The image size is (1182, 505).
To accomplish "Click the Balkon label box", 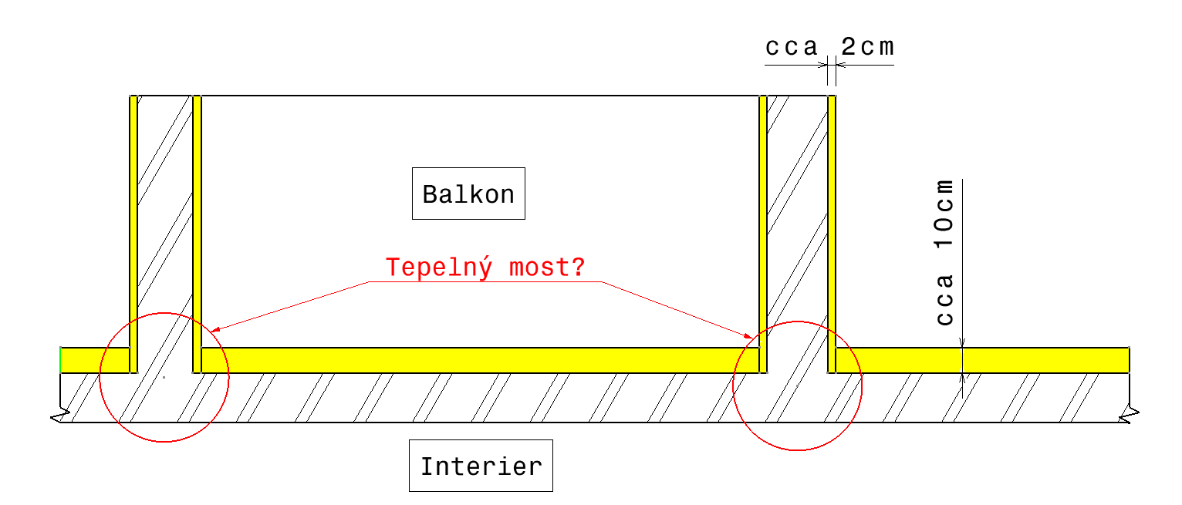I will point(468,194).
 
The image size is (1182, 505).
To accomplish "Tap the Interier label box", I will point(481,466).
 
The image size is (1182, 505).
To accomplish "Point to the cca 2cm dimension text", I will point(829,48).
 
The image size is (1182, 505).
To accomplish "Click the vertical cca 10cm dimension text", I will point(944,252).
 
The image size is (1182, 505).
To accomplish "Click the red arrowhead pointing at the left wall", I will point(214,330).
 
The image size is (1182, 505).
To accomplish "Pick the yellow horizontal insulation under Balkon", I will point(478,360).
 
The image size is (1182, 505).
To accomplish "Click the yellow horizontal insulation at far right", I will point(980,360).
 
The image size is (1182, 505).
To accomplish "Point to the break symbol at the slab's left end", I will point(57,417).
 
